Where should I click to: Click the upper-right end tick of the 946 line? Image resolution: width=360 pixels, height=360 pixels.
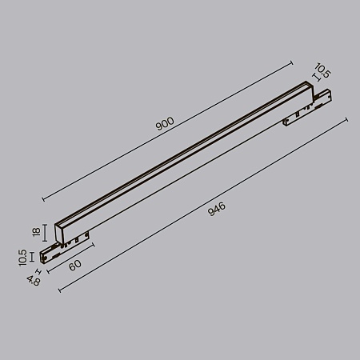[346, 119]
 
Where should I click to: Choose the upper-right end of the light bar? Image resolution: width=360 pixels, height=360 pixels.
[309, 87]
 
